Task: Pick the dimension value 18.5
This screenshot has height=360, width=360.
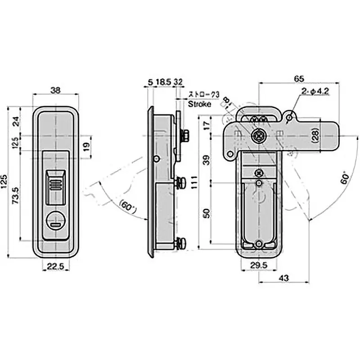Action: tap(162, 82)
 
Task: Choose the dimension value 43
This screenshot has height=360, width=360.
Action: tap(283, 278)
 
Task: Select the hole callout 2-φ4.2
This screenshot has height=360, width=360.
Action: tap(315, 91)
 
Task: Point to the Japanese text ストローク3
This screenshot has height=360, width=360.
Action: tap(203, 95)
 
